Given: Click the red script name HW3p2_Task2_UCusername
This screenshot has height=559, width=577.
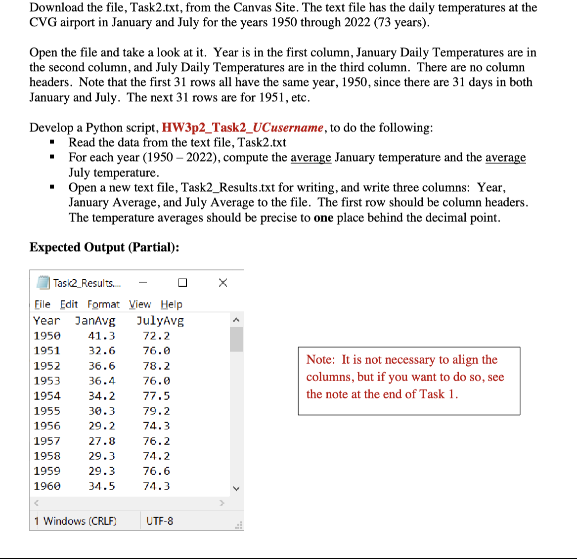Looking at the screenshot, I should pyautogui.click(x=243, y=128).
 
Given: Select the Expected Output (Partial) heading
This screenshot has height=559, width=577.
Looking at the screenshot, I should pyautogui.click(x=104, y=247).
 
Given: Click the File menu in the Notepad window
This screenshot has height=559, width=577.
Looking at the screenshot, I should pyautogui.click(x=43, y=304).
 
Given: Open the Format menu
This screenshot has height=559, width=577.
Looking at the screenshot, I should pyautogui.click(x=103, y=304).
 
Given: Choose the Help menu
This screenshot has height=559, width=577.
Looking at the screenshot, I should pyautogui.click(x=171, y=304).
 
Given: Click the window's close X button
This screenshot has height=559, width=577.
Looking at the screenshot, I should pyautogui.click(x=223, y=283).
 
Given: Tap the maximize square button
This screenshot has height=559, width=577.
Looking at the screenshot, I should pyautogui.click(x=182, y=283).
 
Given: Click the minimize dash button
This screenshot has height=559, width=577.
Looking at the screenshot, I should pyautogui.click(x=143, y=283).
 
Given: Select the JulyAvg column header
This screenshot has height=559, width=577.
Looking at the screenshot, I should pyautogui.click(x=160, y=321).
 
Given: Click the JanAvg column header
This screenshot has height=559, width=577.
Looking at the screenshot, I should pyautogui.click(x=95, y=321).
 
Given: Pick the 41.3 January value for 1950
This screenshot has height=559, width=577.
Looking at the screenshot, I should pyautogui.click(x=101, y=336).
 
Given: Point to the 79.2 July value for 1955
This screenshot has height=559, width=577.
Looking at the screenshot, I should pyautogui.click(x=156, y=411).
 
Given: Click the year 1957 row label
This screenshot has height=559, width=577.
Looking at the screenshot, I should pyautogui.click(x=47, y=441).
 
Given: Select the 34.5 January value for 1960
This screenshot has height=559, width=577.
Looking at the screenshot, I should pyautogui.click(x=101, y=486).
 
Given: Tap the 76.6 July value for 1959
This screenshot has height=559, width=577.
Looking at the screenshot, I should pyautogui.click(x=156, y=471).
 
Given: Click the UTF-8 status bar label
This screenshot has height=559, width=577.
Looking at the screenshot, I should pyautogui.click(x=160, y=521).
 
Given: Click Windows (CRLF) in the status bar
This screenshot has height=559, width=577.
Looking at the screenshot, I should pyautogui.click(x=80, y=521).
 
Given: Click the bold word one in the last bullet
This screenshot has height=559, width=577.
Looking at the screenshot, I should pyautogui.click(x=323, y=218).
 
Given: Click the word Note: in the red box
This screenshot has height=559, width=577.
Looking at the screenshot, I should pyautogui.click(x=320, y=360).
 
